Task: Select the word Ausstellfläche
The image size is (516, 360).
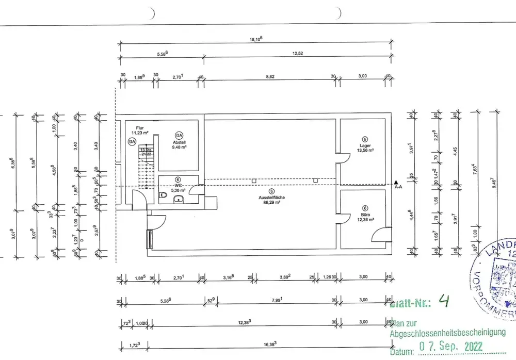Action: (x=272, y=198)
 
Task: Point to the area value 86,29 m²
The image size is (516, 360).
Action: (x=272, y=203)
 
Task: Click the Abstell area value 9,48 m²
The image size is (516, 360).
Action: (x=179, y=146)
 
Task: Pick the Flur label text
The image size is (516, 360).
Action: (x=139, y=127)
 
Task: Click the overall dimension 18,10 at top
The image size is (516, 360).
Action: (x=255, y=39)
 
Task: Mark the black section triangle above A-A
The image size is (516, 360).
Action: (x=396, y=182)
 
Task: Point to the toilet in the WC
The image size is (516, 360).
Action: (x=164, y=195)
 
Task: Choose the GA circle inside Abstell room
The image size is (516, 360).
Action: (x=179, y=135)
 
